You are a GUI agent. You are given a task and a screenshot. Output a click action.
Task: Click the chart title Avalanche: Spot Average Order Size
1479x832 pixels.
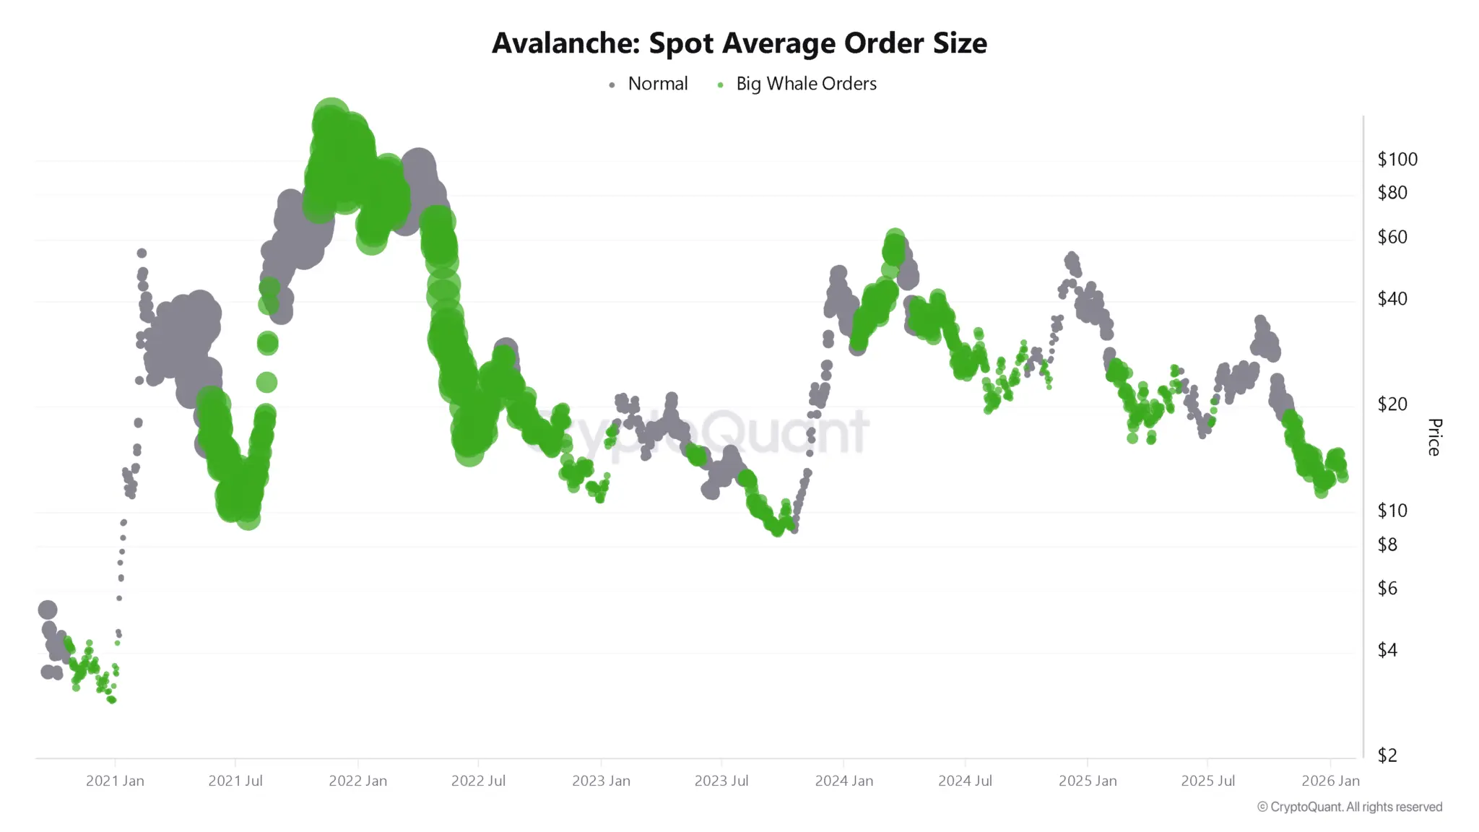pos(739,43)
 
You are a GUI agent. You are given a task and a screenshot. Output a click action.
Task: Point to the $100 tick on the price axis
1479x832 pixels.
pos(1397,160)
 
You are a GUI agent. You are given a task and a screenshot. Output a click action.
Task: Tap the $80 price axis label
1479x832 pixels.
pos(1392,193)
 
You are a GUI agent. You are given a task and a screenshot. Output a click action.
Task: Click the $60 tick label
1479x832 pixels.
pos(1392,237)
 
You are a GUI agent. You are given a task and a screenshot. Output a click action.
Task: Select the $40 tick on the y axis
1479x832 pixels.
pos(1392,298)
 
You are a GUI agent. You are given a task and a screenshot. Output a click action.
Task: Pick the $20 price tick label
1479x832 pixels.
pos(1392,404)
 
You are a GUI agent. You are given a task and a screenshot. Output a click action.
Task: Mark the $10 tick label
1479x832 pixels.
pos(1392,511)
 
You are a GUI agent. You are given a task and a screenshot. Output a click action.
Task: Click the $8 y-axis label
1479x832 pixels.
pos(1387,545)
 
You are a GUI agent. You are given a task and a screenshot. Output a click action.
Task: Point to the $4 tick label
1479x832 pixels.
pos(1387,650)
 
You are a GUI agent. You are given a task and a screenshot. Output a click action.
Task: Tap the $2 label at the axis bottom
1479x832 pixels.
pos(1387,755)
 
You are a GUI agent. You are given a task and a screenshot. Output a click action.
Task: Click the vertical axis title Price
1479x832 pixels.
pos(1434,437)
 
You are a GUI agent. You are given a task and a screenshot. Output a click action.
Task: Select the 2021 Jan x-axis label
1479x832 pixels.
pos(115,781)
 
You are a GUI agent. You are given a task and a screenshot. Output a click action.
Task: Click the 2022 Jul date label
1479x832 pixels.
pos(477,781)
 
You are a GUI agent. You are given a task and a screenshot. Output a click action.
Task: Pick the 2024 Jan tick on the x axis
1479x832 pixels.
pos(843,781)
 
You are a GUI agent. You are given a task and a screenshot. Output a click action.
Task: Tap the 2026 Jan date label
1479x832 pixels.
pos(1330,781)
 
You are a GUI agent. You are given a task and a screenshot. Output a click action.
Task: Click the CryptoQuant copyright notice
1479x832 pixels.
pos(1349,807)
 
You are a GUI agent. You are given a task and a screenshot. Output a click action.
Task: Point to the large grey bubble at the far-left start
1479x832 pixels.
pos(48,610)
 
